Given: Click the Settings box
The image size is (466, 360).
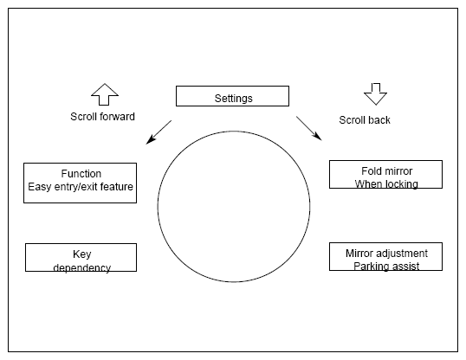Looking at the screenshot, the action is pyautogui.click(x=232, y=96).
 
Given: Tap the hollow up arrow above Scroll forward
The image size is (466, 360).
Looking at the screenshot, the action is pyautogui.click(x=105, y=94).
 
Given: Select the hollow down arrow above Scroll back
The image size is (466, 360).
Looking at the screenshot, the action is pyautogui.click(x=376, y=94).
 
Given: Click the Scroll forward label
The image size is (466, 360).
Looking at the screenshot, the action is pyautogui.click(x=102, y=117).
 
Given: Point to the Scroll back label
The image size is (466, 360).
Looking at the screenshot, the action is pyautogui.click(x=365, y=120).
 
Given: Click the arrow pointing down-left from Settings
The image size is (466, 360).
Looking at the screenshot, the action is pyautogui.click(x=159, y=132).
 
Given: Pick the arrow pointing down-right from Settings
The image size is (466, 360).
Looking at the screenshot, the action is pyautogui.click(x=309, y=128).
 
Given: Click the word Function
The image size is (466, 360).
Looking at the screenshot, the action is pyautogui.click(x=81, y=173).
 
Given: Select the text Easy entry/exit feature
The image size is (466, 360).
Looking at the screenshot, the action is pyautogui.click(x=81, y=187).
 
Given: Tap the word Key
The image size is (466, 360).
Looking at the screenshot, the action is pyautogui.click(x=82, y=254).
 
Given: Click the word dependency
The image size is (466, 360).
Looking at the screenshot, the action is pyautogui.click(x=82, y=267).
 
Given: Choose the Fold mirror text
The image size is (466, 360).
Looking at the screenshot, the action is pyautogui.click(x=387, y=171).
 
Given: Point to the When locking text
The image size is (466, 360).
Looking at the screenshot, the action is pyautogui.click(x=386, y=184).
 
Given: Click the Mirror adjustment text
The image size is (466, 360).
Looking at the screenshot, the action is pyautogui.click(x=386, y=254).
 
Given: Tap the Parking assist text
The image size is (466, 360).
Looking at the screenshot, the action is pyautogui.click(x=386, y=267).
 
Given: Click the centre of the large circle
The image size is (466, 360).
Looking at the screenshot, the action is pyautogui.click(x=234, y=207).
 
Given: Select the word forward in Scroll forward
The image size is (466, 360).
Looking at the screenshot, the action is pyautogui.click(x=118, y=117).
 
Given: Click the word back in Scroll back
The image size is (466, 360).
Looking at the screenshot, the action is pyautogui.click(x=379, y=120).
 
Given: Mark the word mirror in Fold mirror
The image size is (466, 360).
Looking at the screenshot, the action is pyautogui.click(x=398, y=171).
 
